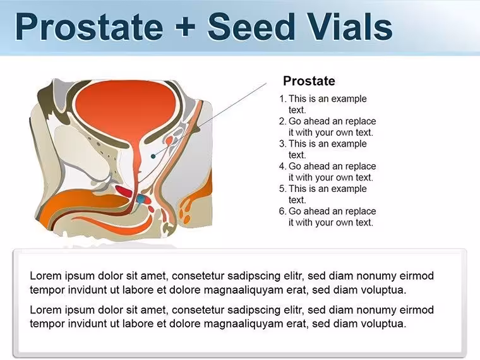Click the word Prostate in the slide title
pyautogui.click(x=89, y=27)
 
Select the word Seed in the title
pyautogui.click(x=250, y=27)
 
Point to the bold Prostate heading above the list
pyautogui.click(x=309, y=81)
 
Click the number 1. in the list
pyautogui.click(x=283, y=99)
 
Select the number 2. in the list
pyautogui.click(x=282, y=121)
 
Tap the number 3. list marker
pyautogui.click(x=282, y=144)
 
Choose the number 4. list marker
pyautogui.click(x=282, y=166)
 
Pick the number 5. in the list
pyautogui.click(x=282, y=189)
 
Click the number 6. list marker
pyautogui.click(x=282, y=211)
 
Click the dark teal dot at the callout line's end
pyautogui.click(x=153, y=157)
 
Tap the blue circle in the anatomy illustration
pyautogui.click(x=140, y=200)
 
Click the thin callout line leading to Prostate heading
pyautogui.click(x=210, y=120)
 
